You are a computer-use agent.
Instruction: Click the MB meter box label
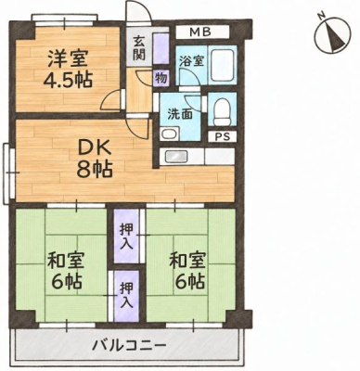(200, 32)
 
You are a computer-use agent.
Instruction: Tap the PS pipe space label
(223, 137)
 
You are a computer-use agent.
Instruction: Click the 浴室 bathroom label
(192, 61)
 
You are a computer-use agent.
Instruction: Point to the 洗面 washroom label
(180, 114)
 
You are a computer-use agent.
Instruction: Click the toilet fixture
(223, 111)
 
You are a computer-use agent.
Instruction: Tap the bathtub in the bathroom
(223, 65)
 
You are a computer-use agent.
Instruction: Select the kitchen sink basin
(177, 156)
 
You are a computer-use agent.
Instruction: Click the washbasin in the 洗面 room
(169, 134)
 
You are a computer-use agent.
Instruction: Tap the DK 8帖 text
(95, 160)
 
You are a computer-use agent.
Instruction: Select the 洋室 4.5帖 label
(68, 70)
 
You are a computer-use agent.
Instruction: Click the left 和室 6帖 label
(66, 271)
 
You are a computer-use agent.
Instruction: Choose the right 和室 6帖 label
(187, 271)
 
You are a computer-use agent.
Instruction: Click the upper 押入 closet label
(126, 237)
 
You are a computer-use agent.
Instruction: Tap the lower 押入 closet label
(126, 295)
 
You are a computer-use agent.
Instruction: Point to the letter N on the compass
(323, 14)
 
